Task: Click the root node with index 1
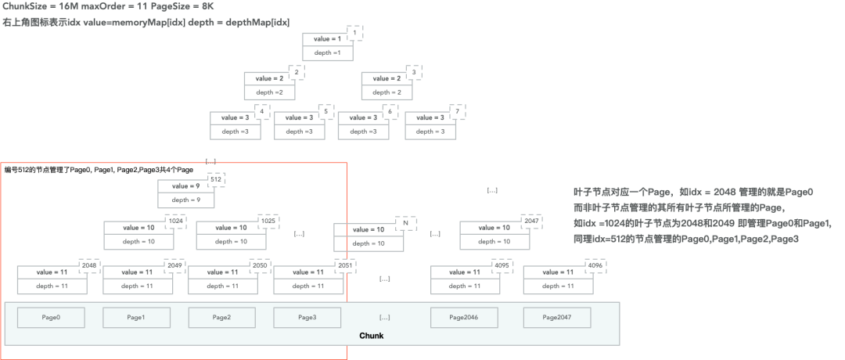click(328, 45)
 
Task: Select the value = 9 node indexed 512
click(185, 193)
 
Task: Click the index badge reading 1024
click(176, 221)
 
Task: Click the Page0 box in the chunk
click(51, 317)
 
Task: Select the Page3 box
click(307, 317)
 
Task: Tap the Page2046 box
click(464, 317)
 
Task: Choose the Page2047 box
click(556, 317)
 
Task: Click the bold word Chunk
click(371, 336)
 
